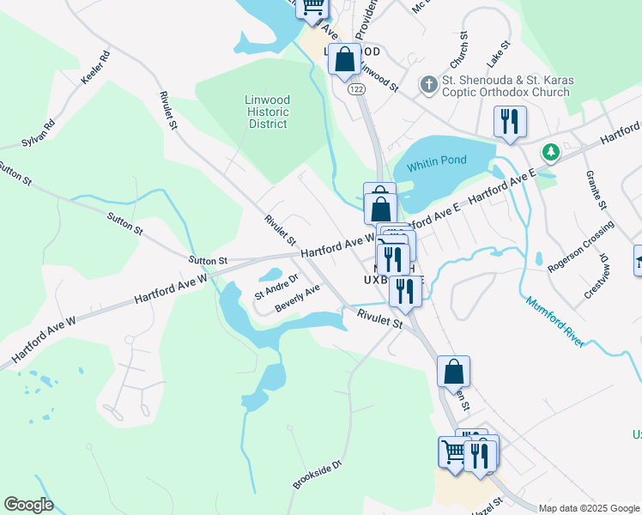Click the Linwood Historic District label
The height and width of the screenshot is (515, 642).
tap(267, 112)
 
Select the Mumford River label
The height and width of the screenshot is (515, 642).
tap(554, 322)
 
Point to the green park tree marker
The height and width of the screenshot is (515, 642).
tap(550, 153)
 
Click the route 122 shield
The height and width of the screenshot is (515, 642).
tap(354, 88)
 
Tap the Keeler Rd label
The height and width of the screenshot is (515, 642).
tap(96, 68)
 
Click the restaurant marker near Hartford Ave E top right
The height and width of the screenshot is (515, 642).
tap(510, 123)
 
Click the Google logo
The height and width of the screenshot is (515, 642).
tap(28, 505)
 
